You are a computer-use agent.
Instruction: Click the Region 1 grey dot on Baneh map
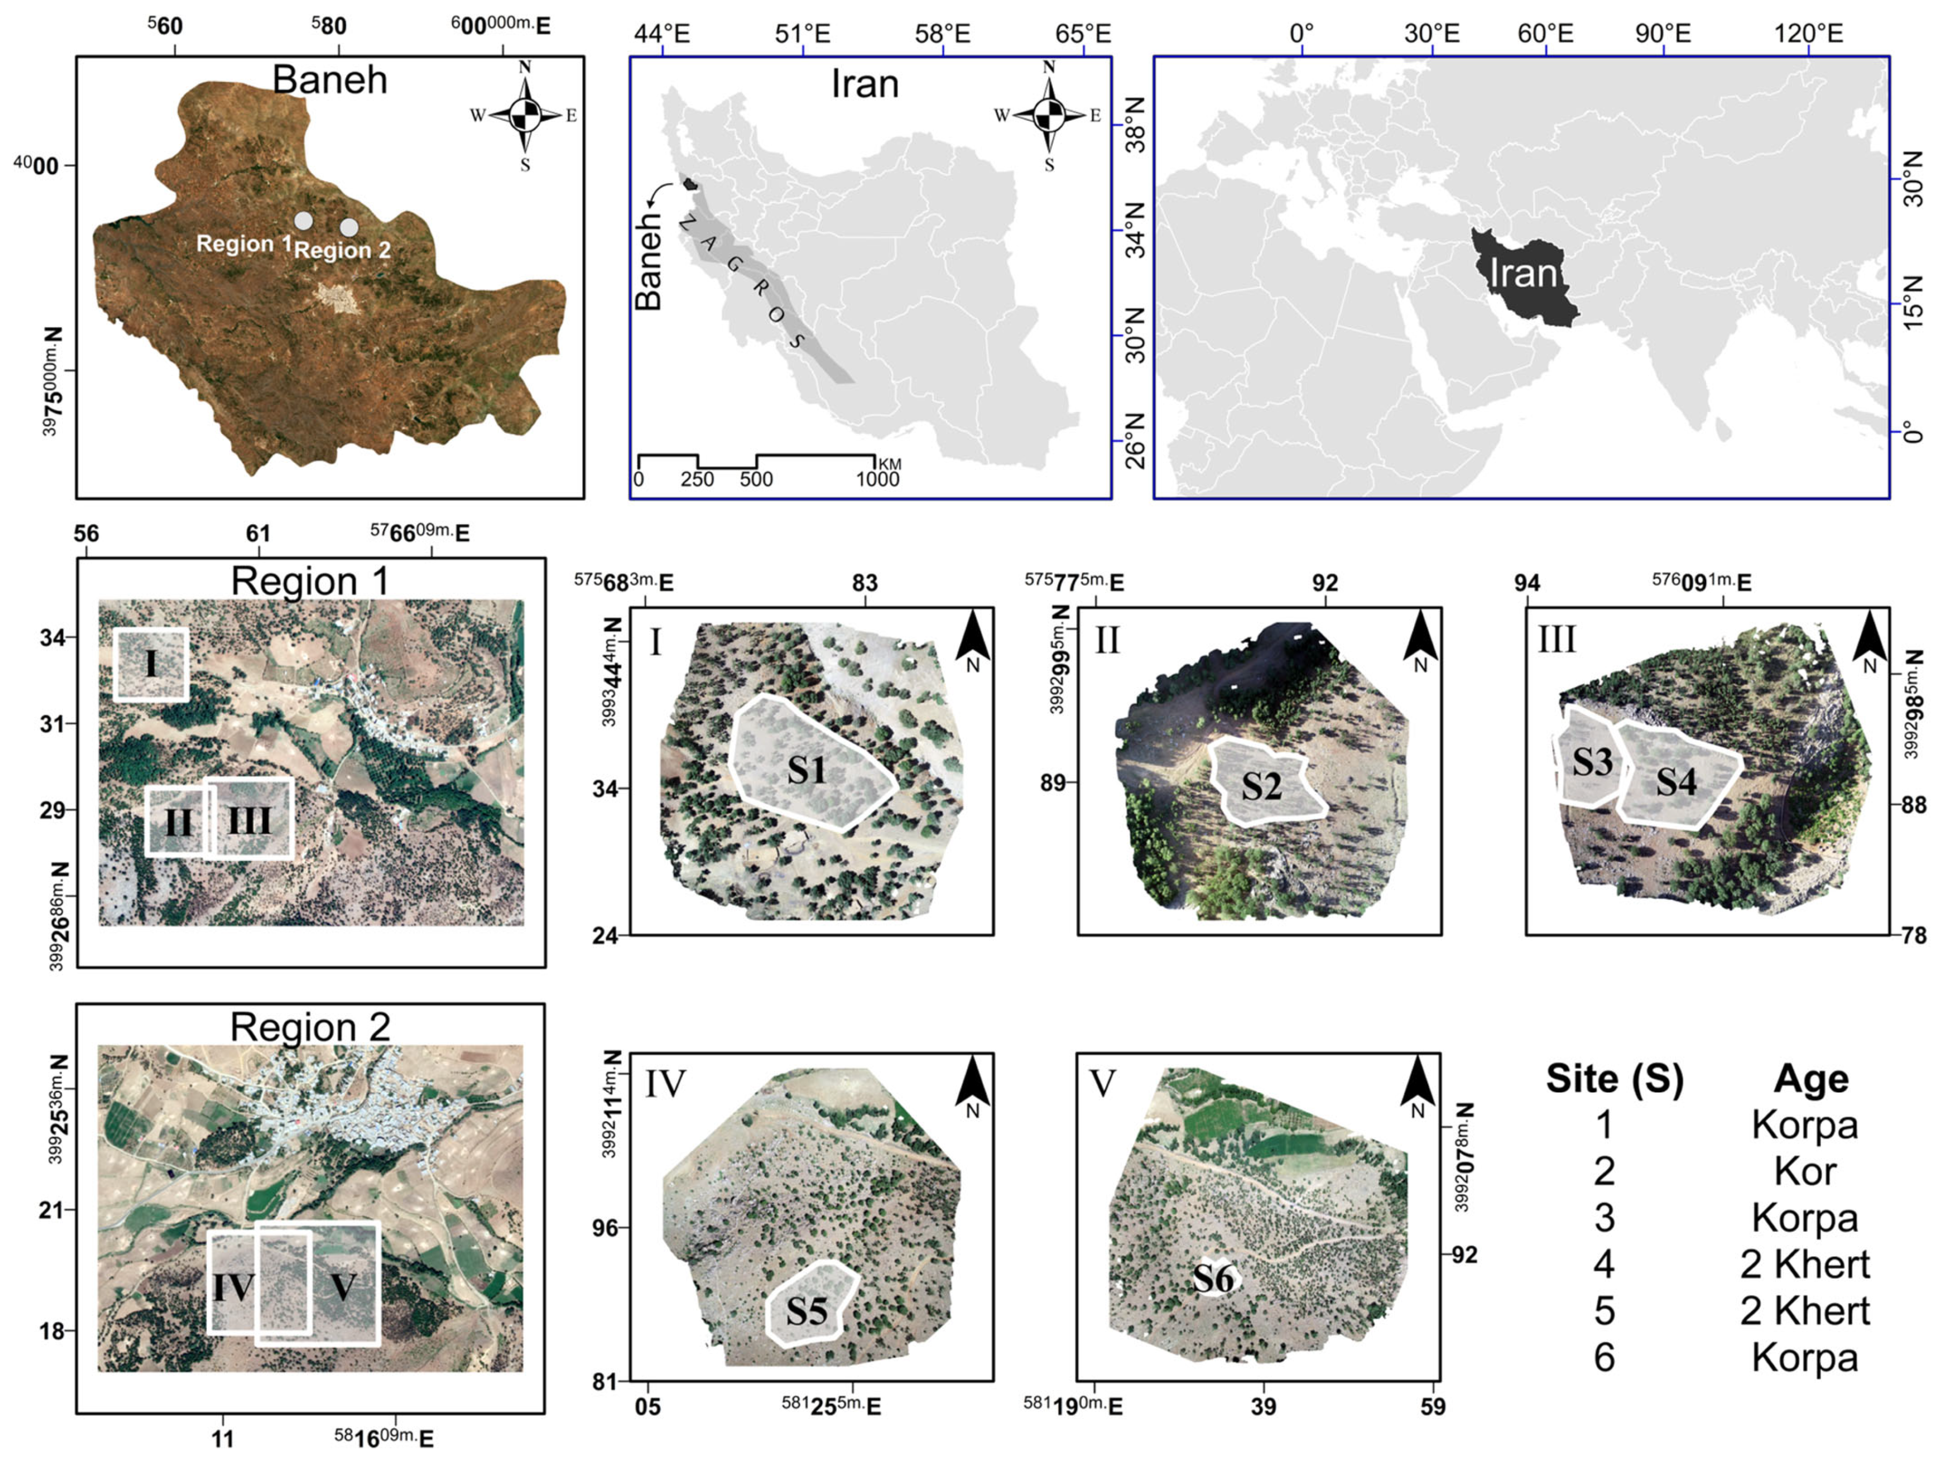pyautogui.click(x=303, y=221)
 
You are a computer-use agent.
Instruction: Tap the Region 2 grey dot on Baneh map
pyautogui.click(x=349, y=227)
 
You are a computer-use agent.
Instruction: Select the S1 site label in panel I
pyautogui.click(x=806, y=770)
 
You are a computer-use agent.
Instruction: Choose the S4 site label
pyautogui.click(x=1676, y=781)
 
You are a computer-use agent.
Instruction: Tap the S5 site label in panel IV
pyautogui.click(x=806, y=1312)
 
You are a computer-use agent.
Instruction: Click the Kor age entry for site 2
pyautogui.click(x=1804, y=1172)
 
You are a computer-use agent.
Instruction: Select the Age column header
pyautogui.click(x=1811, y=1079)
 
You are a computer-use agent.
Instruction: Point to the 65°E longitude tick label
pyautogui.click(x=1083, y=34)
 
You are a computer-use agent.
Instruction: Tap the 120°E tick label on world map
pyautogui.click(x=1808, y=34)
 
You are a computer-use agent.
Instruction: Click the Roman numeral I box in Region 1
pyautogui.click(x=151, y=665)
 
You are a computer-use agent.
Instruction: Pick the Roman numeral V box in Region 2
pyautogui.click(x=343, y=1287)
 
